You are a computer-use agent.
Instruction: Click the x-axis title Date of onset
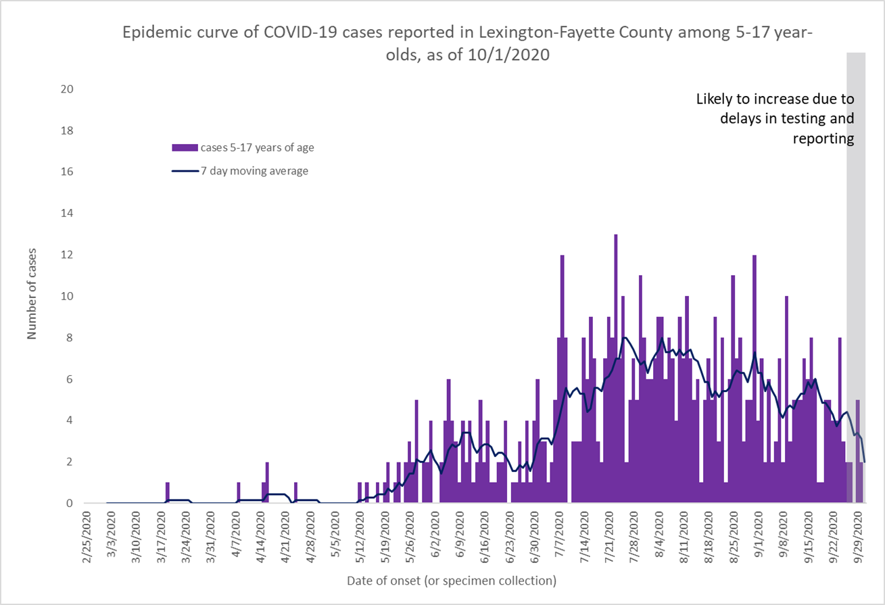452,581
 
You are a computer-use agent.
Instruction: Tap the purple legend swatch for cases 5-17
184,147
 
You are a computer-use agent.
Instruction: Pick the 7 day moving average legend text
254,171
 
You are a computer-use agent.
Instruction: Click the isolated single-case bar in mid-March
167,493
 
